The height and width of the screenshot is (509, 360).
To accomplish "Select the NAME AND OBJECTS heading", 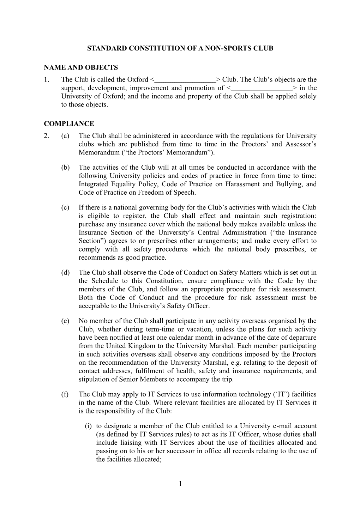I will (x=81, y=67).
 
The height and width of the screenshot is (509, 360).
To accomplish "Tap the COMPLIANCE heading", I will (x=69, y=123).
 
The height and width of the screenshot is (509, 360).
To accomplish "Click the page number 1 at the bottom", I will (x=180, y=483).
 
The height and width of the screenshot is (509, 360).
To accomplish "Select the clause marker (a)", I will (x=65, y=136).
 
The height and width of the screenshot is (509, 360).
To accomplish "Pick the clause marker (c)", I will (x=65, y=207).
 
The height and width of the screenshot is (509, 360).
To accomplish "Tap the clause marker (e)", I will (x=65, y=321).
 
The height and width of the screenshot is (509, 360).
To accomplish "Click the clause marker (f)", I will (x=65, y=394).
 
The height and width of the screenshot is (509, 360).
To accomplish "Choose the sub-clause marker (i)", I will (x=88, y=426).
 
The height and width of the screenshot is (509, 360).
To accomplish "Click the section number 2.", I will (x=47, y=136).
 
